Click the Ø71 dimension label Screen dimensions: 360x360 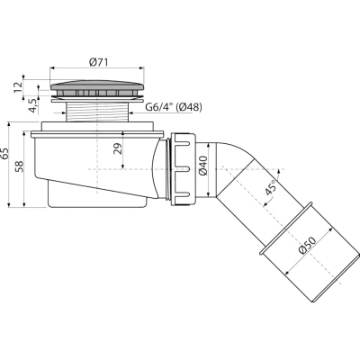[x=99, y=62]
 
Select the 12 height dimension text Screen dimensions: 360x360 [x=19, y=87]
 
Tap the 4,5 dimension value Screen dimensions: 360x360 [x=33, y=105]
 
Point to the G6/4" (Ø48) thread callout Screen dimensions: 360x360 [x=174, y=107]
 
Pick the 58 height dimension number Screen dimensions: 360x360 [x=19, y=166]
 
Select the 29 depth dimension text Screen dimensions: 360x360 [x=118, y=148]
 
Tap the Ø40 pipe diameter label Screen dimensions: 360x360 [x=203, y=166]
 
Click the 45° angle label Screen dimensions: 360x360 [x=271, y=188]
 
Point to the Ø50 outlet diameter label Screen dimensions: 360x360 [x=308, y=246]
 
